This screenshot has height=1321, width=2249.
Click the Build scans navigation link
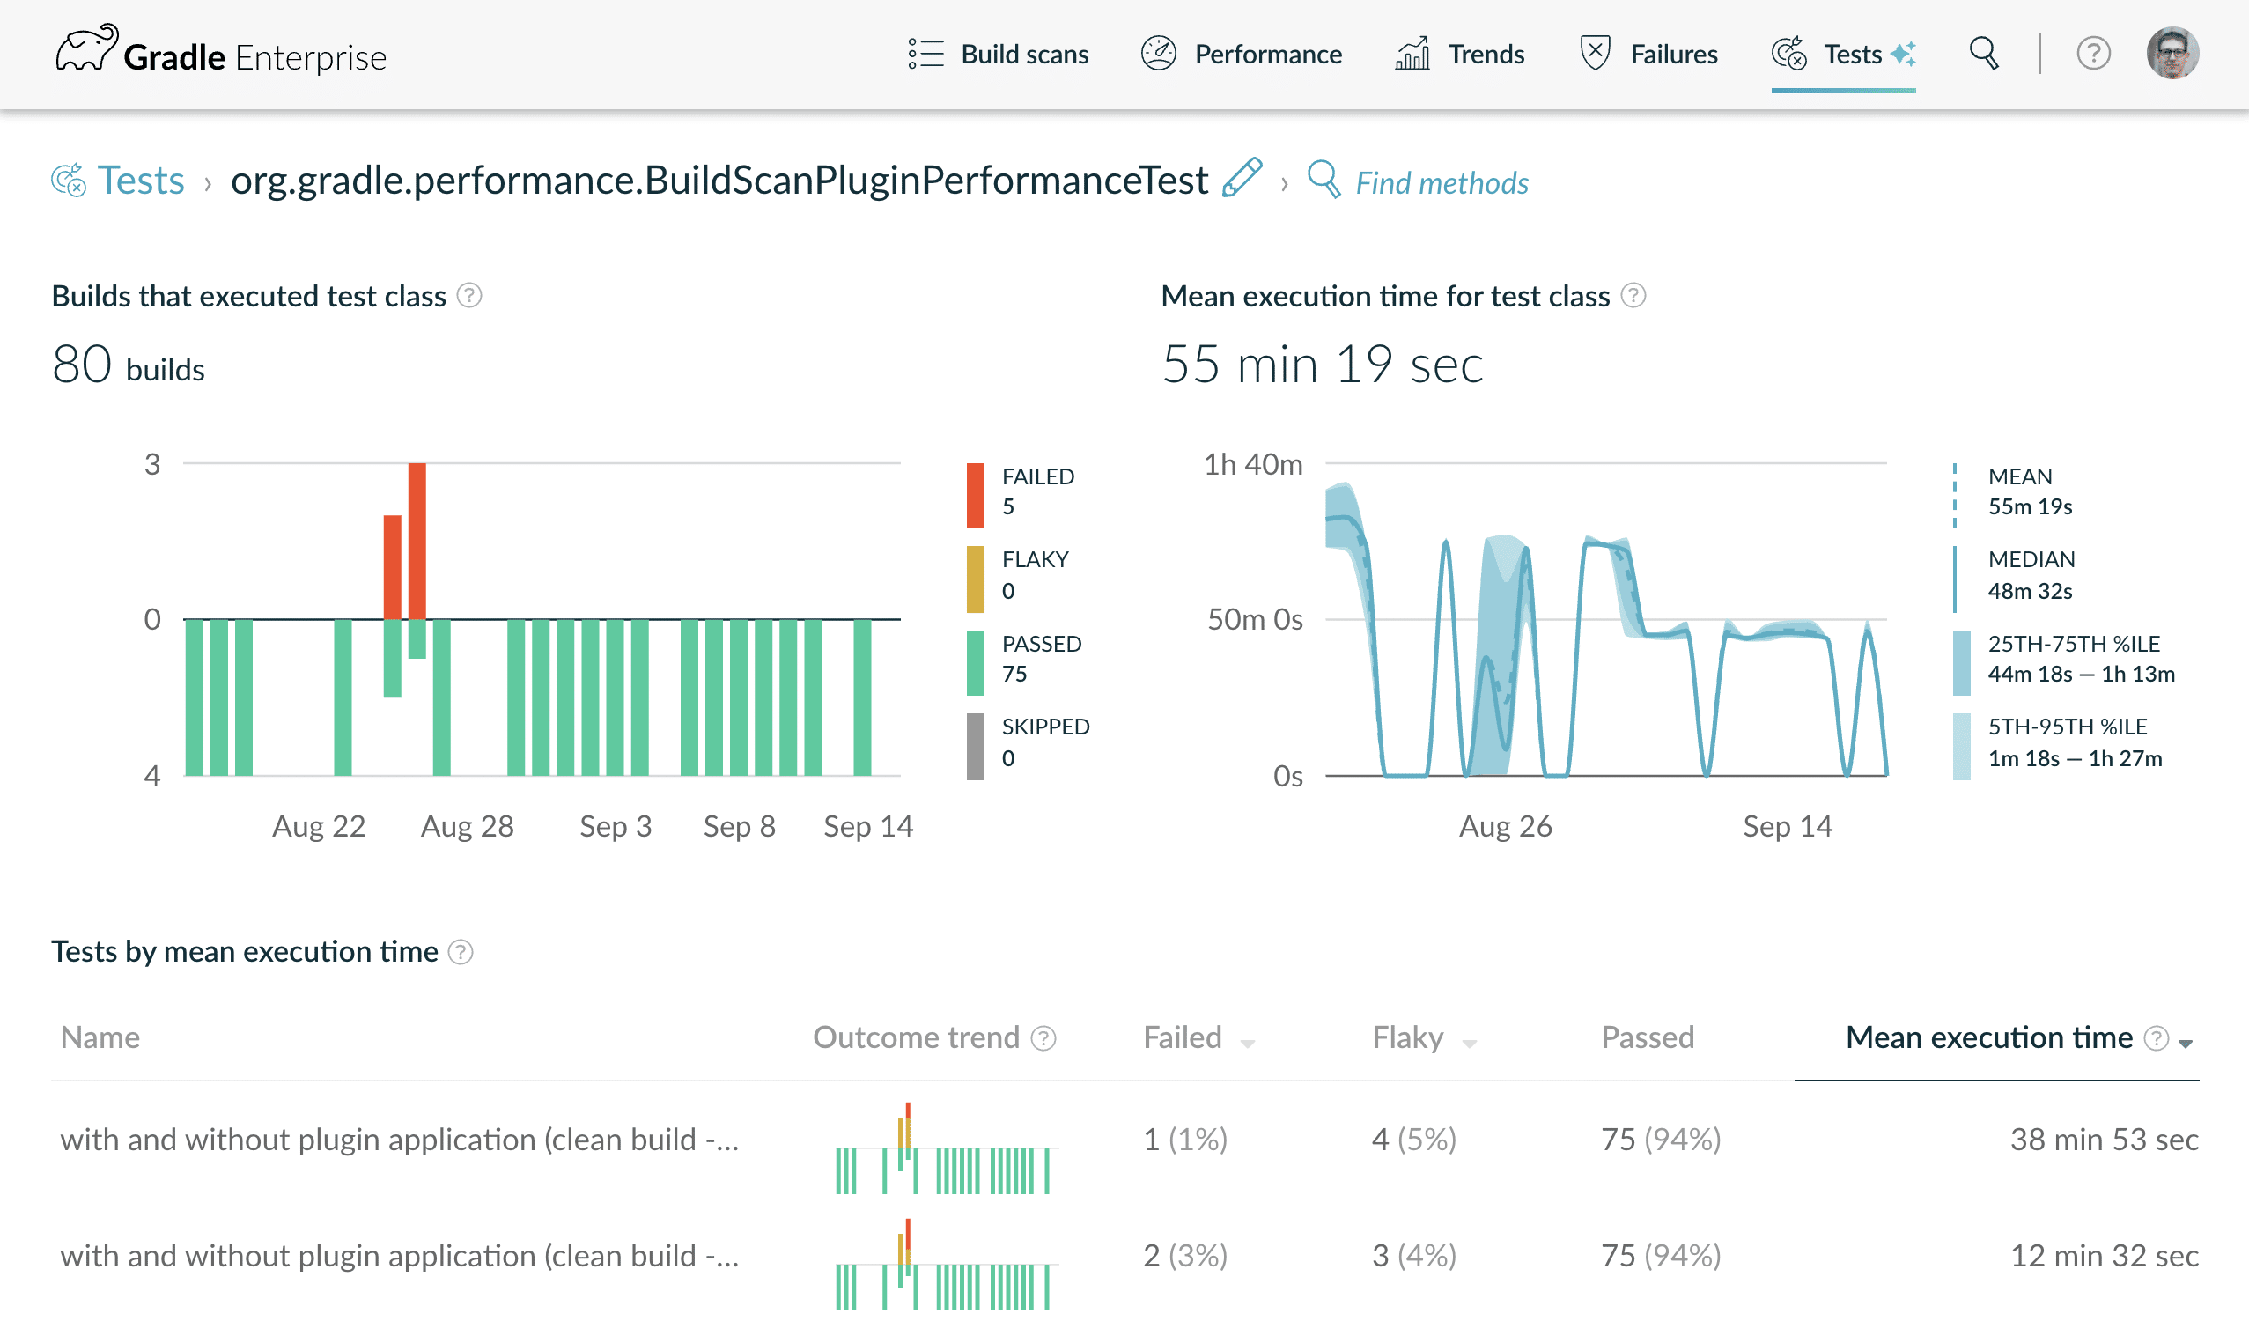[x=998, y=55]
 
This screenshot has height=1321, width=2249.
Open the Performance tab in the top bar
[x=1242, y=55]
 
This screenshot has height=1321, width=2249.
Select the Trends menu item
[x=1460, y=55]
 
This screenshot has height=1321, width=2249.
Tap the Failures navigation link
[x=1648, y=55]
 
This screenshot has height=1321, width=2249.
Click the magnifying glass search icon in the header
[x=1984, y=54]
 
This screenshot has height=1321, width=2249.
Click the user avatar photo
[x=2172, y=54]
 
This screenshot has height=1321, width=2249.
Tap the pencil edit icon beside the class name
[x=1242, y=178]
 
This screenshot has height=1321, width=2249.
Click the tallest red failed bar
[x=417, y=541]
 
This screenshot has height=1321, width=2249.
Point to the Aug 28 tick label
[x=467, y=827]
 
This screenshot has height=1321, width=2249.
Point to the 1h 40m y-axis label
[x=1253, y=464]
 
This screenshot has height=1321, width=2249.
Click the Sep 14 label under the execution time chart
[x=1788, y=827]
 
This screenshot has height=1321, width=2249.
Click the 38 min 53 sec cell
[x=2104, y=1140]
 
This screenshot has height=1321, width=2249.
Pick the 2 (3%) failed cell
[x=1185, y=1256]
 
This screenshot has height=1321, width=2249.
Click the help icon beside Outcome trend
[x=1043, y=1039]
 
